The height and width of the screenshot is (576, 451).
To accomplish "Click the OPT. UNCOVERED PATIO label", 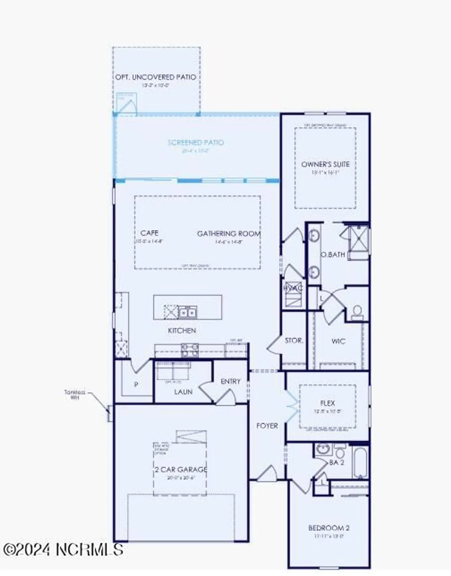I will [156, 77].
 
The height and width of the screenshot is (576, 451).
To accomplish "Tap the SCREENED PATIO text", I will [196, 142].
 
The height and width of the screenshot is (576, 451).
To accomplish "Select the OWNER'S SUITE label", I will [325, 164].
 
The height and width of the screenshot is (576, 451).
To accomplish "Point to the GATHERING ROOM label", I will [229, 233].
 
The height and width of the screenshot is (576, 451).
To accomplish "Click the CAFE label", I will [150, 233].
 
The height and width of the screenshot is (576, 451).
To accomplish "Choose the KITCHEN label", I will [182, 331].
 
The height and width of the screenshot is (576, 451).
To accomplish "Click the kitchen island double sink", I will [188, 312].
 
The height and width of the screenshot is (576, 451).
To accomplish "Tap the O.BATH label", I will [332, 255].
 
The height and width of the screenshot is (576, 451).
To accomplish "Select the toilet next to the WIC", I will [357, 312].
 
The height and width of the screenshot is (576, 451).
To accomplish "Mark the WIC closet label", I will [338, 341].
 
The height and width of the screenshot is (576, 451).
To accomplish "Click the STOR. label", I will [294, 340].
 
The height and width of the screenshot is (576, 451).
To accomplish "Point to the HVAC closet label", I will [293, 288].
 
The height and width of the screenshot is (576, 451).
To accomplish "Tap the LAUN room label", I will [183, 392].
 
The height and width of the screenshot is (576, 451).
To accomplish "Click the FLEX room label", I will [328, 403].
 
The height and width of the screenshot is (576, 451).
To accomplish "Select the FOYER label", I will [267, 425].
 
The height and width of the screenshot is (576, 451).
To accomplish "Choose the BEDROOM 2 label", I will [329, 528].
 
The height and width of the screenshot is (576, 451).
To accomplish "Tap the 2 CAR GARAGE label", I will [181, 470].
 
